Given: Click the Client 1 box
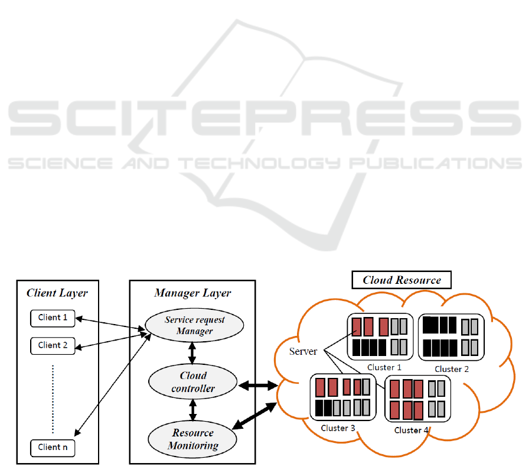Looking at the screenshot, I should pos(53,318).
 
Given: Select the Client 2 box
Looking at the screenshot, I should pos(53,345).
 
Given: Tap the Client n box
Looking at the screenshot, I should pos(53,448).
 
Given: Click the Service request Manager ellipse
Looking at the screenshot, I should pos(194,325).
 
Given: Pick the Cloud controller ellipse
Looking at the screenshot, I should pos(193,382).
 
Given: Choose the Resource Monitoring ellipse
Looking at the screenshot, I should pos(193,439).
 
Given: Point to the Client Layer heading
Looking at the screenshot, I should pos(57,293).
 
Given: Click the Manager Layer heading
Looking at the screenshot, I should pos(192,293).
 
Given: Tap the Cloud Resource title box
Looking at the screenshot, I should pos(402,280).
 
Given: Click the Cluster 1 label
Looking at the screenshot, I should pos(384,367).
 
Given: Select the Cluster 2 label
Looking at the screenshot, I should pos(452,369).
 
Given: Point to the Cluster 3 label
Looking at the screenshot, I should pos(338,428).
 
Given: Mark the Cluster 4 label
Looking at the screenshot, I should pos(412,430).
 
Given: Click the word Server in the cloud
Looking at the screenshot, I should pos(303,351).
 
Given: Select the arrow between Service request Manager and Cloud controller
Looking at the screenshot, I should pos(192,352).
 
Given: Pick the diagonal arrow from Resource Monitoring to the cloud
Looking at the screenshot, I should pos(255,416).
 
